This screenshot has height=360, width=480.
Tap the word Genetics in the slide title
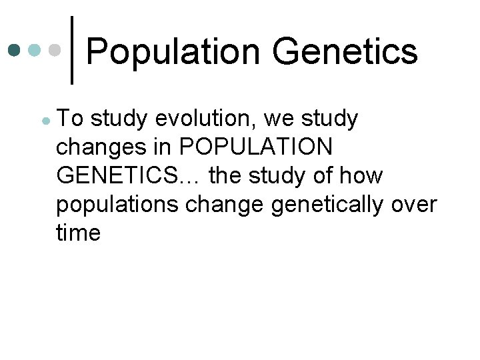(x=345, y=52)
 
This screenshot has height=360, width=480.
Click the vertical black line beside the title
(x=72, y=50)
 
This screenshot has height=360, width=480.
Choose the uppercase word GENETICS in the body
(x=117, y=176)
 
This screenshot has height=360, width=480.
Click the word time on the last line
(x=79, y=233)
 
